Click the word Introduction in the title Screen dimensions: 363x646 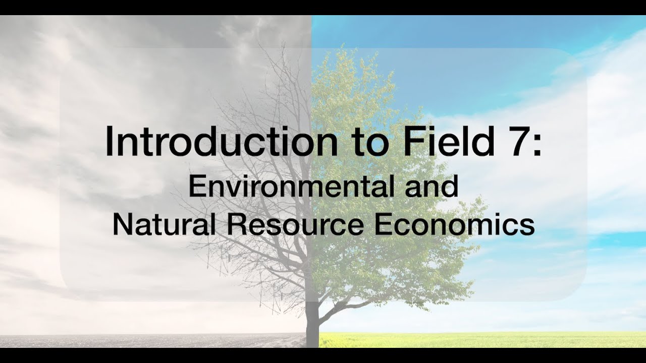[221, 143]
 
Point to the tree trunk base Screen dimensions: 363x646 [312, 337]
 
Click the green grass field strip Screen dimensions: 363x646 [479, 339]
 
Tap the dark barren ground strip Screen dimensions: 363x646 [151, 340]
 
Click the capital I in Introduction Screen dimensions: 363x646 [109, 143]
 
